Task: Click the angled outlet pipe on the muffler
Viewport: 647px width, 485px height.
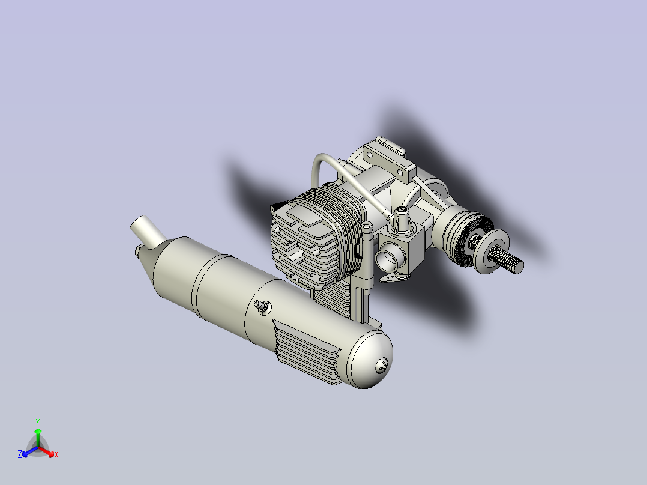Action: click(x=147, y=230)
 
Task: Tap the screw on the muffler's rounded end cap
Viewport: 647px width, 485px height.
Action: click(x=382, y=366)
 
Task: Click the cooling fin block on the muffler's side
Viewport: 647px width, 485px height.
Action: click(x=307, y=352)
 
